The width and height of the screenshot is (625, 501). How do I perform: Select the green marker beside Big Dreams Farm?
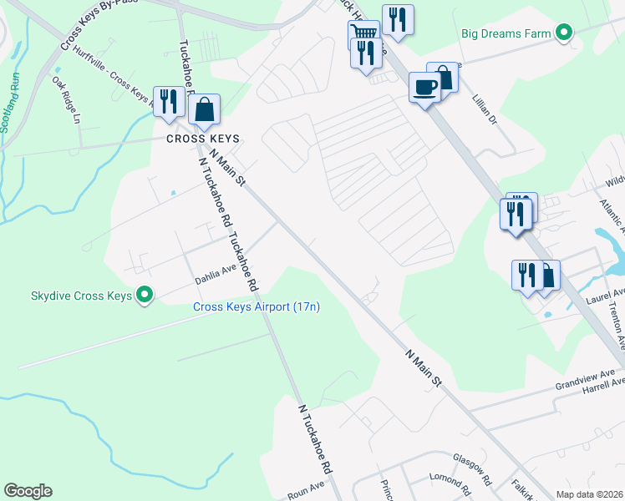coord(564,33)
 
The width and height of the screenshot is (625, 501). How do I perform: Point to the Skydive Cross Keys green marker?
coord(145,296)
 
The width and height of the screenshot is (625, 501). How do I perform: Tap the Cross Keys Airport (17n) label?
coord(257,307)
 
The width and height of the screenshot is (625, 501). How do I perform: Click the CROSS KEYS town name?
coord(202,139)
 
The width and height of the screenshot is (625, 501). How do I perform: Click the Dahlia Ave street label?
coord(216,272)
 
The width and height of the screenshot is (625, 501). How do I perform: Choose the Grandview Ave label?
coord(586,379)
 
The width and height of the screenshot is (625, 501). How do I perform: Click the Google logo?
coord(28,491)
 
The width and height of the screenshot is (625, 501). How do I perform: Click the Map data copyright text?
coord(589,494)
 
